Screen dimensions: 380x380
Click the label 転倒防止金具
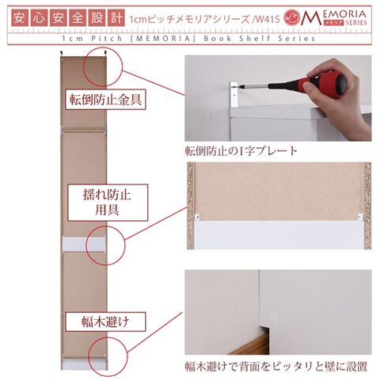tap(105, 100)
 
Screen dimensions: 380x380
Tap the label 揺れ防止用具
tap(108, 203)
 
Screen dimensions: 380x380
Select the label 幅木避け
tap(105, 321)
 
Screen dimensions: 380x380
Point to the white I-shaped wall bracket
tap(234, 95)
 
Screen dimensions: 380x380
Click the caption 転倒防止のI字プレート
tap(241, 151)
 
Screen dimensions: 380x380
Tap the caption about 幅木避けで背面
tap(275, 367)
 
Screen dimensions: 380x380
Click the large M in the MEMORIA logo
tap(311, 18)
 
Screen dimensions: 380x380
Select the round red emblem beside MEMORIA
tap(292, 18)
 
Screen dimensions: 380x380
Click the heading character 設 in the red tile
tap(97, 18)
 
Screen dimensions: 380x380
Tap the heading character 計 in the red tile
tap(116, 18)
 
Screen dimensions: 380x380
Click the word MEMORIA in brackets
tap(164, 39)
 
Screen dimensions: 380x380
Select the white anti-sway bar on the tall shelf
tap(84, 245)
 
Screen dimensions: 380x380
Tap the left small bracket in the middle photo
tap(197, 217)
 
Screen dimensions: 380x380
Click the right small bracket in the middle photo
tap(360, 217)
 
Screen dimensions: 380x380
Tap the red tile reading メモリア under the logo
tap(333, 23)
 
